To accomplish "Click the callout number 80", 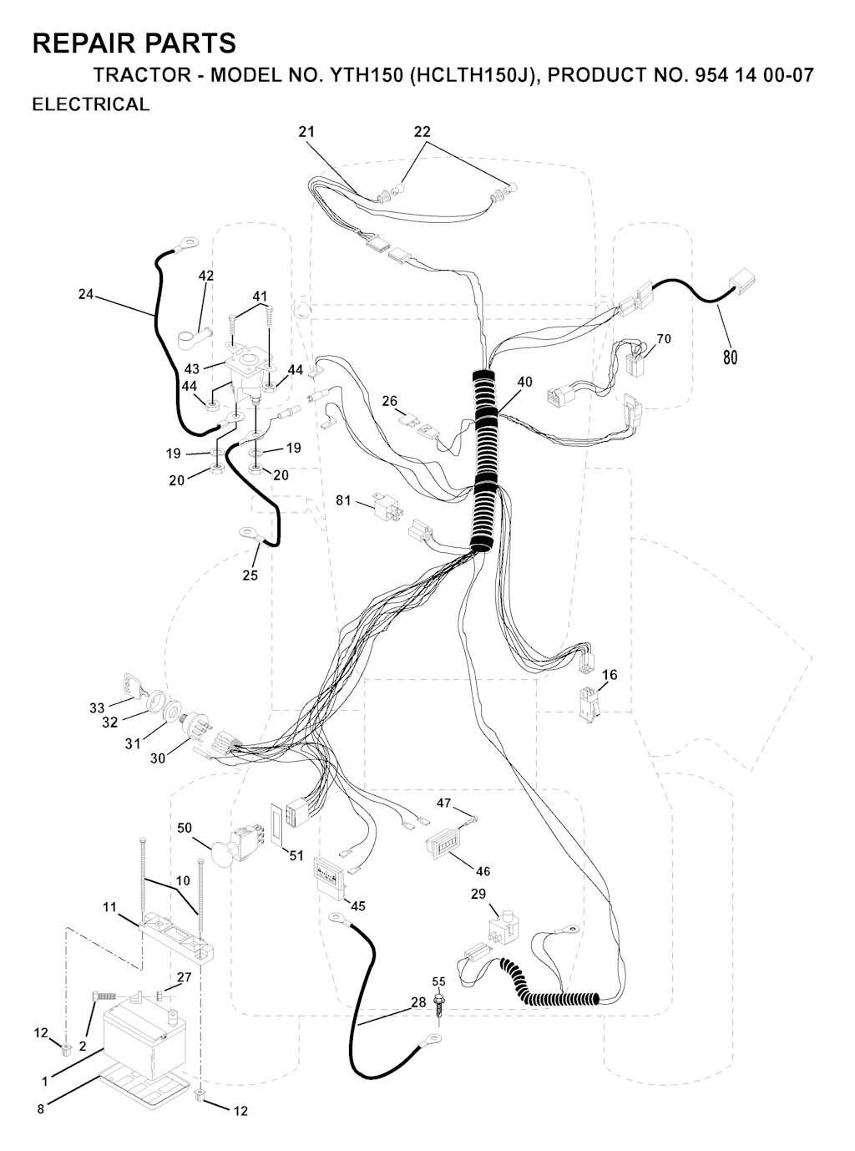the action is tap(730, 357).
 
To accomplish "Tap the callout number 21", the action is tap(306, 132).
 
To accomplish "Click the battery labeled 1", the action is tap(144, 1025).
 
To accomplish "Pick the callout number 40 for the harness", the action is tap(524, 382).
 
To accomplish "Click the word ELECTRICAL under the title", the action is tap(91, 104).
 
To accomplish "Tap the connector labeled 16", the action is tap(589, 704).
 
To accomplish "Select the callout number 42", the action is tap(206, 276).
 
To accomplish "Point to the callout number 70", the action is tap(664, 338).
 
